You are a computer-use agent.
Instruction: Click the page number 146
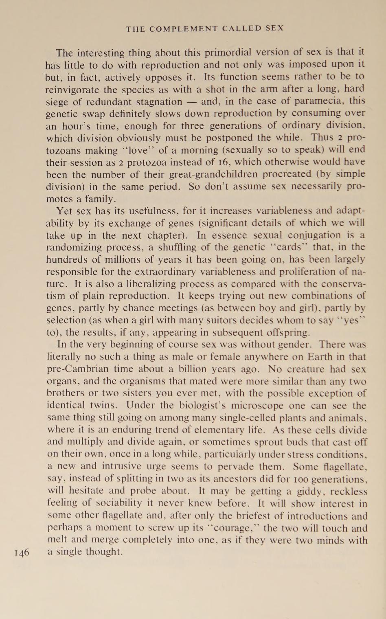(x=22, y=553)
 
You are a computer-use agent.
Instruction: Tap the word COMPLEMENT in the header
(x=184, y=29)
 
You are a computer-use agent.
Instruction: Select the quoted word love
(x=140, y=150)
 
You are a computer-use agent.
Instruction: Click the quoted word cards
(x=290, y=247)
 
